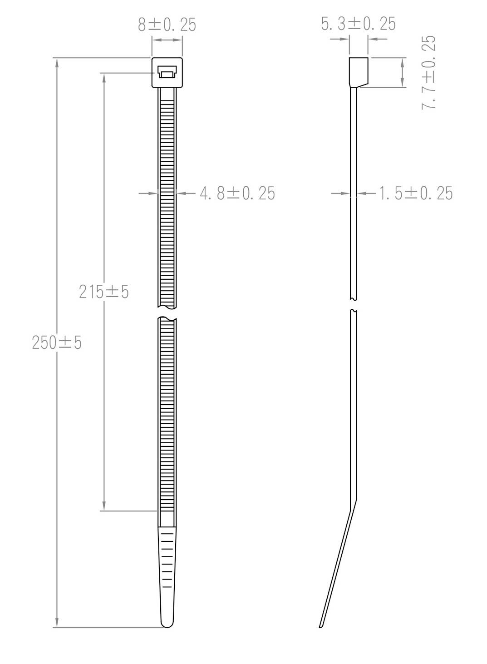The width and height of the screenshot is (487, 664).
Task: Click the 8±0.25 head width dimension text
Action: pyautogui.click(x=167, y=25)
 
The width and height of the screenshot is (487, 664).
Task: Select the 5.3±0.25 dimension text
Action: pyautogui.click(x=358, y=24)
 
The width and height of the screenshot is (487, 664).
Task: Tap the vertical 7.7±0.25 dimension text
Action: pyautogui.click(x=429, y=72)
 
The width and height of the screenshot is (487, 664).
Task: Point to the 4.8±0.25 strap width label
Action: pyautogui.click(x=237, y=193)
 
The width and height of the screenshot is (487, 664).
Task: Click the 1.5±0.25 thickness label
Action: pyautogui.click(x=415, y=193)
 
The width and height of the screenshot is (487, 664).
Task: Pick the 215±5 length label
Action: pyautogui.click(x=104, y=292)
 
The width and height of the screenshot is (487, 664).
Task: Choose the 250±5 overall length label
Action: pyautogui.click(x=57, y=343)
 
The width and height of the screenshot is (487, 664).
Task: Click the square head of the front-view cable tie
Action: pyautogui.click(x=167, y=73)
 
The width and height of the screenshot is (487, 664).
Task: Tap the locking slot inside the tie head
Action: pyautogui.click(x=167, y=72)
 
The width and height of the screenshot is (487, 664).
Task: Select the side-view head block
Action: pyautogui.click(x=358, y=72)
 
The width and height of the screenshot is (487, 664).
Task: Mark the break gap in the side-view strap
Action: pyautogui.click(x=354, y=305)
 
